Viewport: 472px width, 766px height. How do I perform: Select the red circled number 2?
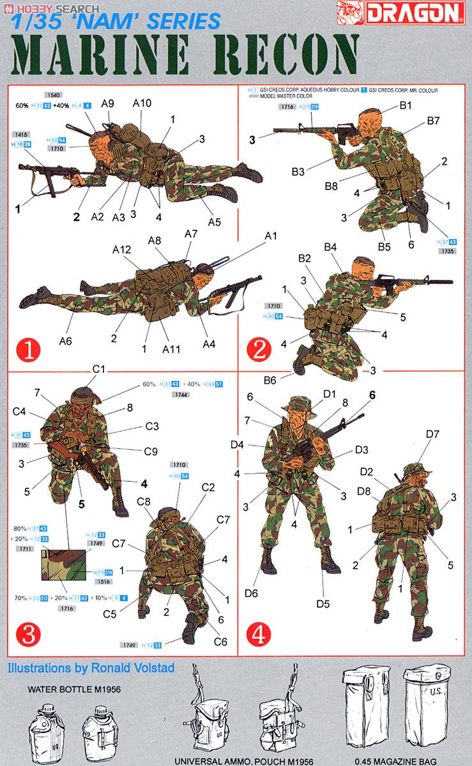coord(258,349)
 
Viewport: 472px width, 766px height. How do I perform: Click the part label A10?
coord(142,103)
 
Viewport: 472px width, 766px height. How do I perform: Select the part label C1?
coord(98,369)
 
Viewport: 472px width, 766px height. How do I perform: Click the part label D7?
coord(432,434)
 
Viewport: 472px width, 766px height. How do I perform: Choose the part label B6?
coord(270,380)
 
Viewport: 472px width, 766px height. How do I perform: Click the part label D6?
coord(251,593)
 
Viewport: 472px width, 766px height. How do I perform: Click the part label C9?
coord(151,451)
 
